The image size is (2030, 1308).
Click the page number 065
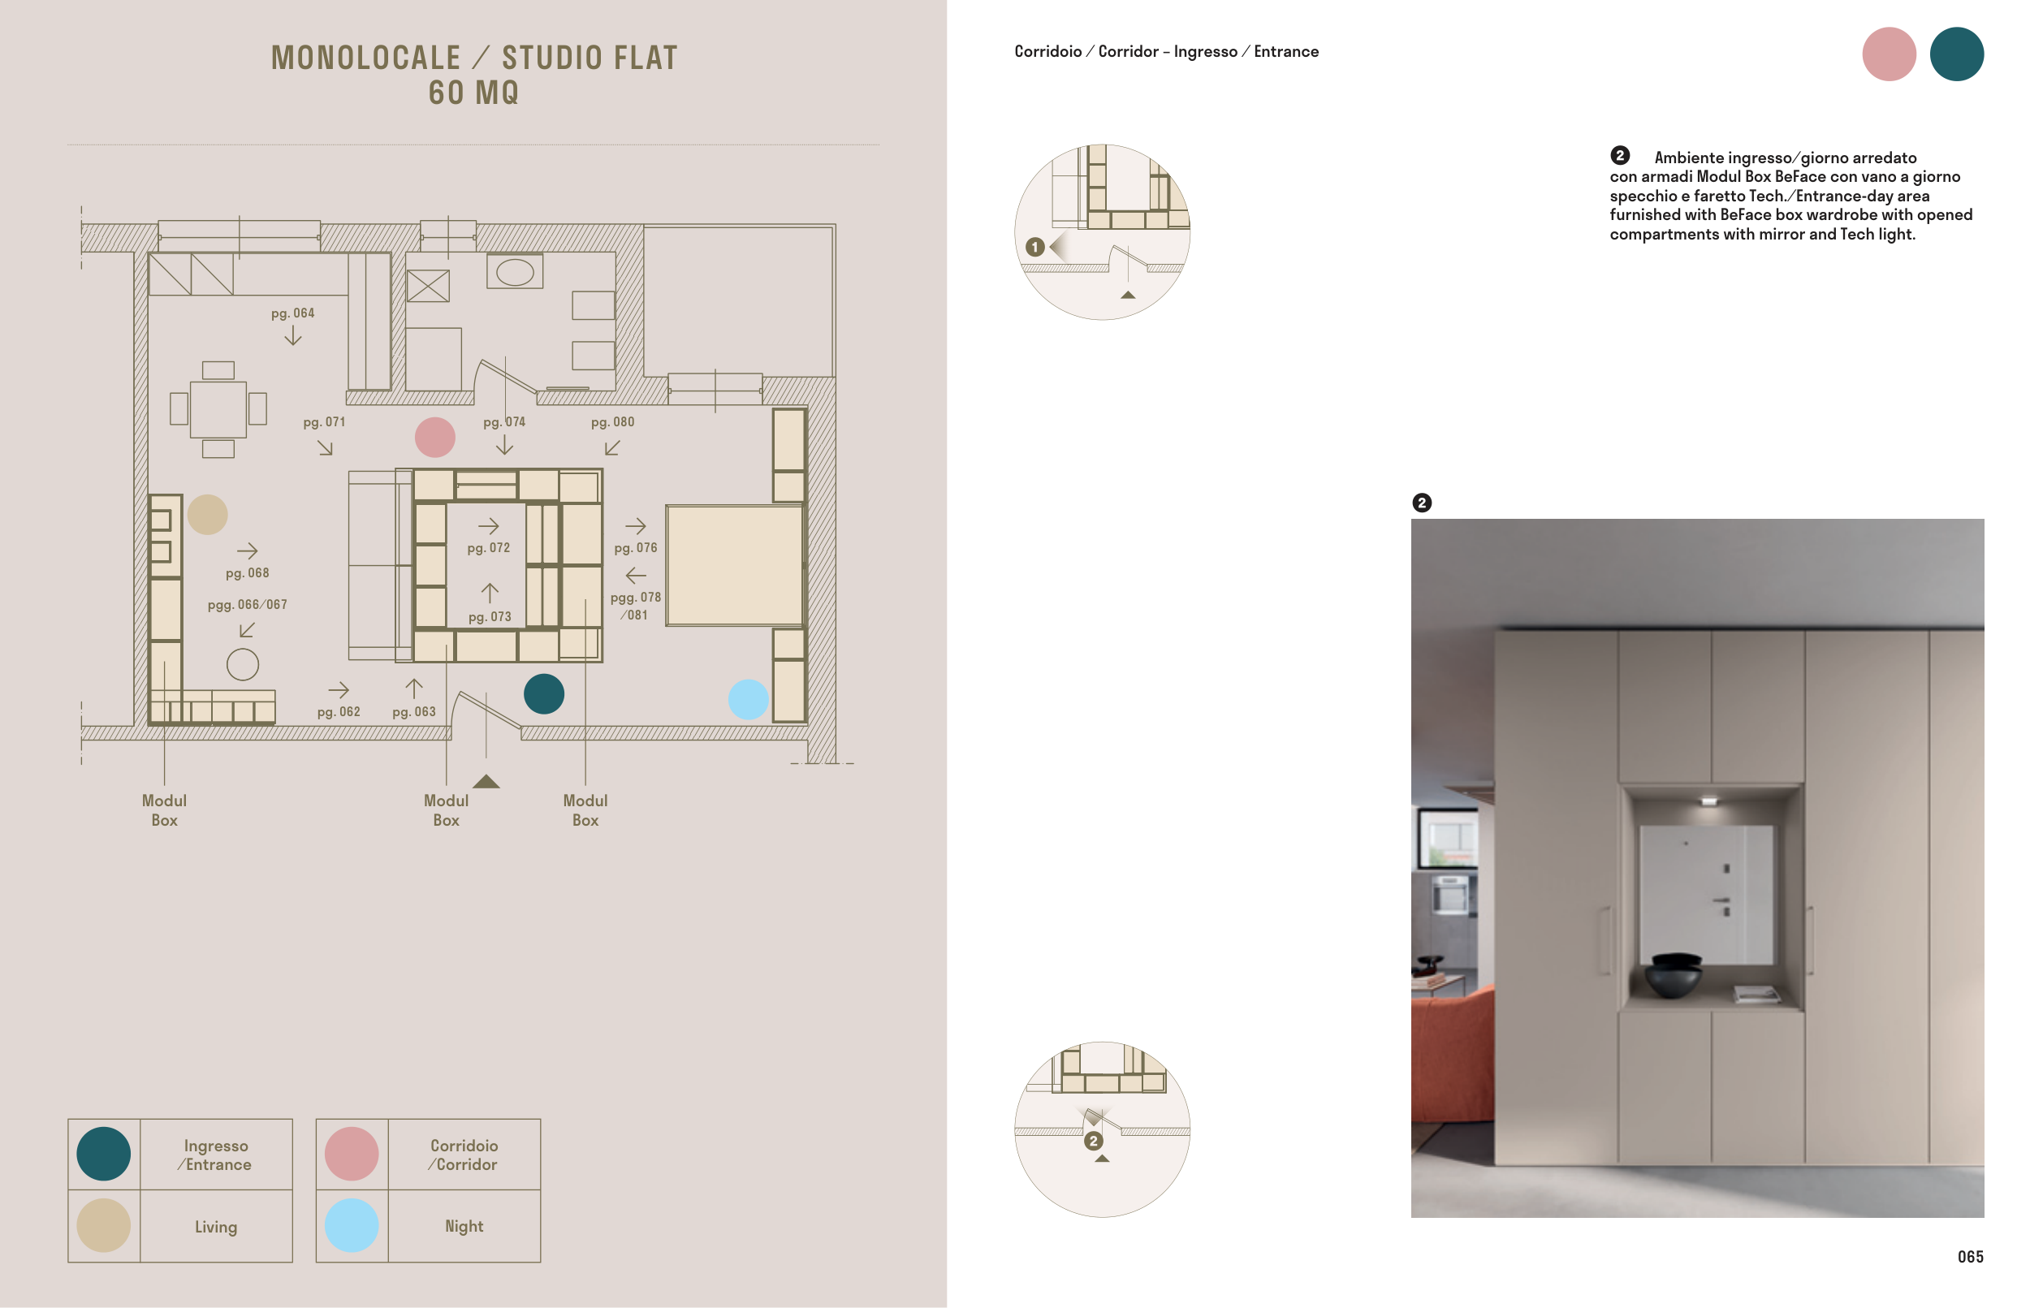click(1970, 1256)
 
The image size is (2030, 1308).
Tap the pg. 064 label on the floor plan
click(292, 313)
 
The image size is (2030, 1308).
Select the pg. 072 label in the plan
click(488, 548)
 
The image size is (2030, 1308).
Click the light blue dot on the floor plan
click(749, 699)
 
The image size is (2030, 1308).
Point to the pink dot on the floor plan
click(435, 438)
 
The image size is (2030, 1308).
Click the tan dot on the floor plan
click(207, 515)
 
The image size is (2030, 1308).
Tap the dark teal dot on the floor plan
click(543, 694)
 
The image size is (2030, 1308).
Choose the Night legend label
click(464, 1226)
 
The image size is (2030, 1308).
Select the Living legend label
click(216, 1227)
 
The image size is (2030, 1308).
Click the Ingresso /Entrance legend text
click(215, 1155)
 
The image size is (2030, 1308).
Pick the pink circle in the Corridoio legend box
click(352, 1155)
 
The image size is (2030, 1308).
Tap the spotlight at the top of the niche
click(1708, 800)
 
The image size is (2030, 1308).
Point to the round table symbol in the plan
click(243, 664)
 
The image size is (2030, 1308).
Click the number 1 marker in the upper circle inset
click(1034, 247)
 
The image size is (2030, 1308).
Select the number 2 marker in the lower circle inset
click(1093, 1141)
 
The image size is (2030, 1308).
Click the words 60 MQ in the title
click(474, 93)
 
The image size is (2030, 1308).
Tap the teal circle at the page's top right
click(1956, 54)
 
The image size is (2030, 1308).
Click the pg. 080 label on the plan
click(612, 422)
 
